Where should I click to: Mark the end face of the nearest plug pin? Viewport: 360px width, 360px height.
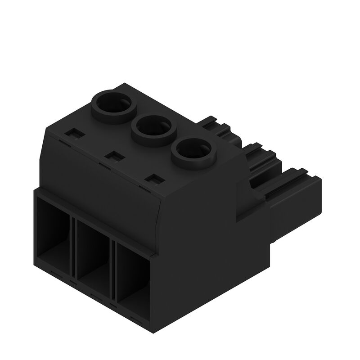tap(315, 202)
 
